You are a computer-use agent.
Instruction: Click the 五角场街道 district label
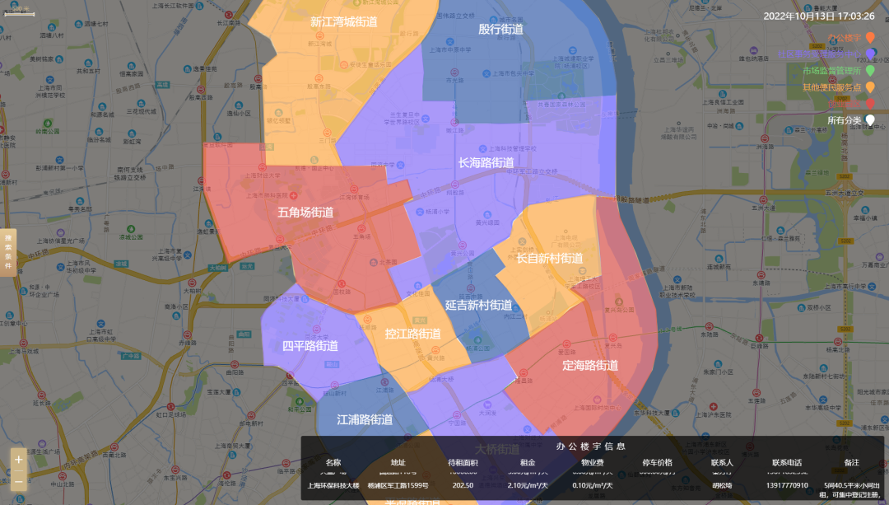305,213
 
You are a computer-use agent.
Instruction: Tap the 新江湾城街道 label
344,22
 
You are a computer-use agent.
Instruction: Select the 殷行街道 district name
500,29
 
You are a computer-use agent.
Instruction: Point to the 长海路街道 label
486,163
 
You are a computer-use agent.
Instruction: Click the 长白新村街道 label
549,259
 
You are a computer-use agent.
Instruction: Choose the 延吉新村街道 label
478,305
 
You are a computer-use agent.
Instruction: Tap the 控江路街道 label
412,334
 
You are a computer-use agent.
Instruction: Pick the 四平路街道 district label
310,346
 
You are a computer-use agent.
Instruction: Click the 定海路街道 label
590,365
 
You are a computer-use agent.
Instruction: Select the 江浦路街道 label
365,419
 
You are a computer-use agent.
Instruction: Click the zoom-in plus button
19,460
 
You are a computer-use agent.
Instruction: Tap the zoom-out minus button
19,480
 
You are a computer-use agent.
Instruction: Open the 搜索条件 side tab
8,255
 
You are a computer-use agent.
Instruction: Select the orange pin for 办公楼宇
870,38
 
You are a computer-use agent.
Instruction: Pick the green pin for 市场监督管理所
870,71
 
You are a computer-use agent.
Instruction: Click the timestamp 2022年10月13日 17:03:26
818,16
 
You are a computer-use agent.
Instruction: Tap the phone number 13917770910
786,485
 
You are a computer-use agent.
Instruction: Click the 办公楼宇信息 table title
590,446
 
